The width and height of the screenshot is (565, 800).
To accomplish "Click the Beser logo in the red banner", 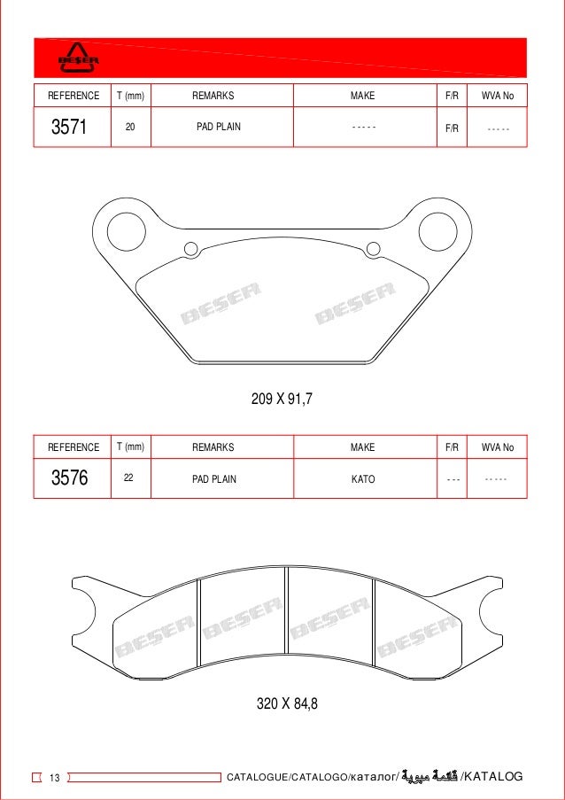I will (x=78, y=58).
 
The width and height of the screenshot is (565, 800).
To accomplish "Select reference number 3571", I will (x=69, y=127).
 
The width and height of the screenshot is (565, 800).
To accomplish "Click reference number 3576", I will (x=69, y=479).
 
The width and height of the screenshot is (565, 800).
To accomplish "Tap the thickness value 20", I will (x=130, y=127).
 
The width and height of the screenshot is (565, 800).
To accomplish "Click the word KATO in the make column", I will (x=363, y=479).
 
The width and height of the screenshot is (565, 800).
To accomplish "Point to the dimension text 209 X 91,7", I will (x=282, y=400).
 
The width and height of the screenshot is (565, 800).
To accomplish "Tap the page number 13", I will (x=55, y=778).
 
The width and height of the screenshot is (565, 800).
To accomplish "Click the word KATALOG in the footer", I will (x=493, y=777).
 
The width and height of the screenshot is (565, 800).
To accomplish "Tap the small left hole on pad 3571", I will (x=190, y=249).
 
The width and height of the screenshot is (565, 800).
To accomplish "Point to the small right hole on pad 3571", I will (x=373, y=249).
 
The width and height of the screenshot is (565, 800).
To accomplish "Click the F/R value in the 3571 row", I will (x=451, y=128).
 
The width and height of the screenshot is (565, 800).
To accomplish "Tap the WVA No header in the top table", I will (x=497, y=95).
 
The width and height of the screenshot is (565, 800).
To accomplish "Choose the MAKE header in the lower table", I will (x=362, y=447).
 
